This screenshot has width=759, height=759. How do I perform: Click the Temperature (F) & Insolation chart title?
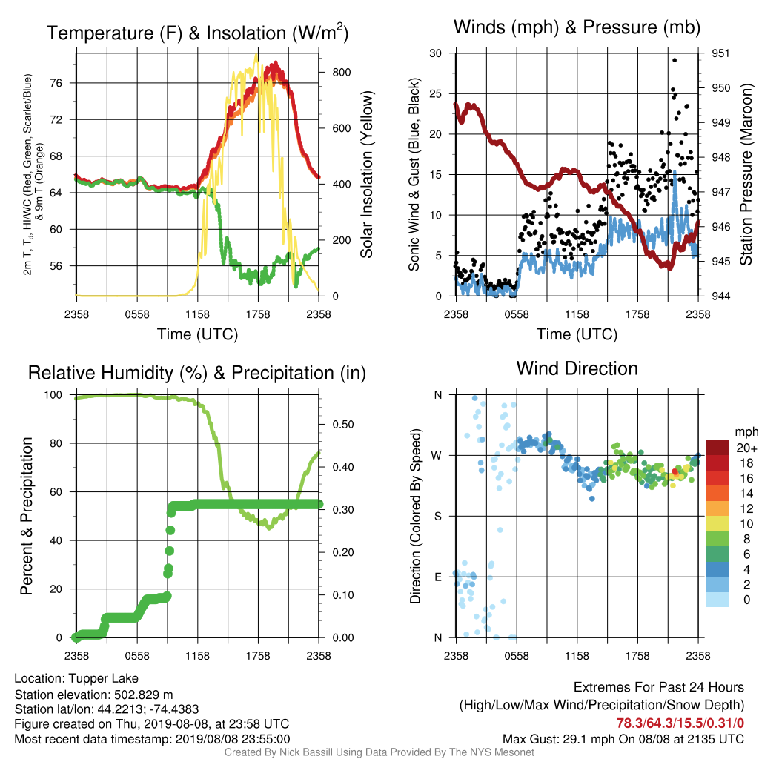(x=197, y=33)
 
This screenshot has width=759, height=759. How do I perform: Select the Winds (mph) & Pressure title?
(x=577, y=27)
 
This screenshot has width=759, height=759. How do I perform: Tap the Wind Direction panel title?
(x=577, y=368)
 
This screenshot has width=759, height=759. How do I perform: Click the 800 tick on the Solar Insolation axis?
(x=342, y=73)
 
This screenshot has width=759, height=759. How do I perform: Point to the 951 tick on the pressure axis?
(x=720, y=53)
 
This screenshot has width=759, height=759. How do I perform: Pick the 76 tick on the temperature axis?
(x=56, y=83)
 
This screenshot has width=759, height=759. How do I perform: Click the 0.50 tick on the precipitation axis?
(x=343, y=425)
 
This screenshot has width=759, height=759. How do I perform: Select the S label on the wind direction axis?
(x=437, y=517)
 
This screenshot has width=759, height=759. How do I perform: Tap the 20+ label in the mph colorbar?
(x=746, y=448)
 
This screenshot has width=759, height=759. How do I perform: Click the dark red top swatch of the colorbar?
(x=717, y=448)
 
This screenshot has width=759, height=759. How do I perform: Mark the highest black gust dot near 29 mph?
(x=675, y=61)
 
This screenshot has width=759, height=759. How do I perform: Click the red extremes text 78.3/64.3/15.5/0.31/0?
(x=680, y=723)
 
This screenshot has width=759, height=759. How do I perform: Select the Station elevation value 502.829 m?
(x=143, y=695)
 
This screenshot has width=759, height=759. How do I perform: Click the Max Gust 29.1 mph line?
(x=623, y=739)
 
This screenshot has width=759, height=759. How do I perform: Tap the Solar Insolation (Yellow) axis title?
(x=366, y=174)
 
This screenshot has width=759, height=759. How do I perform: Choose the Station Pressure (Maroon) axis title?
(x=746, y=174)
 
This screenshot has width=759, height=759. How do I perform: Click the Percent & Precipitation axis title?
(x=27, y=516)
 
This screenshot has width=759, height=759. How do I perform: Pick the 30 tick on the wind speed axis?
(x=436, y=53)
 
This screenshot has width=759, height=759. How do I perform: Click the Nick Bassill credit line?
(x=379, y=752)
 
